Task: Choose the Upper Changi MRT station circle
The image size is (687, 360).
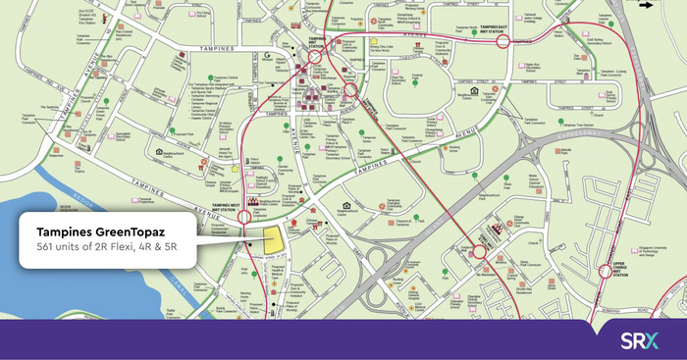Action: click(x=606, y=272)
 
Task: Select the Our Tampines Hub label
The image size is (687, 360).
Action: click(x=200, y=96)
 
